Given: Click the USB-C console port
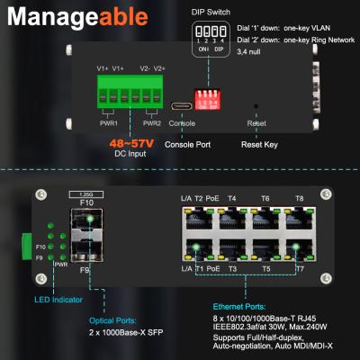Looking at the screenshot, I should [181, 106].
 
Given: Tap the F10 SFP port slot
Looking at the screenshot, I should [86, 222].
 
